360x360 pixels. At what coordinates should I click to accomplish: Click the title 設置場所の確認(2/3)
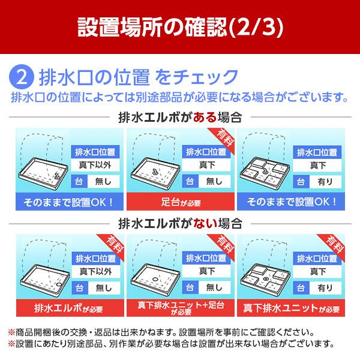coord(179,26)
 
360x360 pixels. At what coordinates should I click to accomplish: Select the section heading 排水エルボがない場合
coord(180,224)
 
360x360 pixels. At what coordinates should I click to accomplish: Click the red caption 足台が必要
coord(181,200)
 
